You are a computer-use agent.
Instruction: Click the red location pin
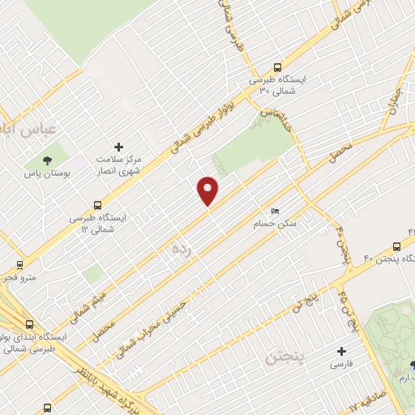(x=208, y=190)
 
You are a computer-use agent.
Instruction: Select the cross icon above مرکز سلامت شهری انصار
(x=119, y=147)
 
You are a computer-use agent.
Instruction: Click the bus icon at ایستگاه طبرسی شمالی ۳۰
(x=278, y=68)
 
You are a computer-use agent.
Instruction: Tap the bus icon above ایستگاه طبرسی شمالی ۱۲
(x=97, y=205)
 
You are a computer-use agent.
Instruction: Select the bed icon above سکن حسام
(x=276, y=211)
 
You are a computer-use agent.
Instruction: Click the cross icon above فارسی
(x=341, y=352)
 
